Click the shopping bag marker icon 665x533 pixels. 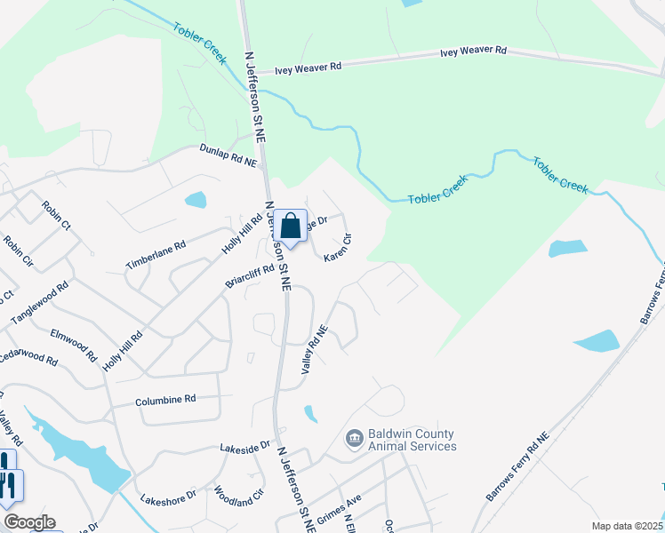click(290, 227)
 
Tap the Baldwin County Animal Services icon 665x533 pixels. click(354, 439)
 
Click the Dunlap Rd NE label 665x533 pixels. click(228, 156)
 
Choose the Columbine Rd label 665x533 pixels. click(165, 401)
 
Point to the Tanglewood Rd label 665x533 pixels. click(39, 303)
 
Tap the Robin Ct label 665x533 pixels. click(55, 215)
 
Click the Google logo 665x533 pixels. click(29, 522)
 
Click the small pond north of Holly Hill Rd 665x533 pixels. click(196, 200)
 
